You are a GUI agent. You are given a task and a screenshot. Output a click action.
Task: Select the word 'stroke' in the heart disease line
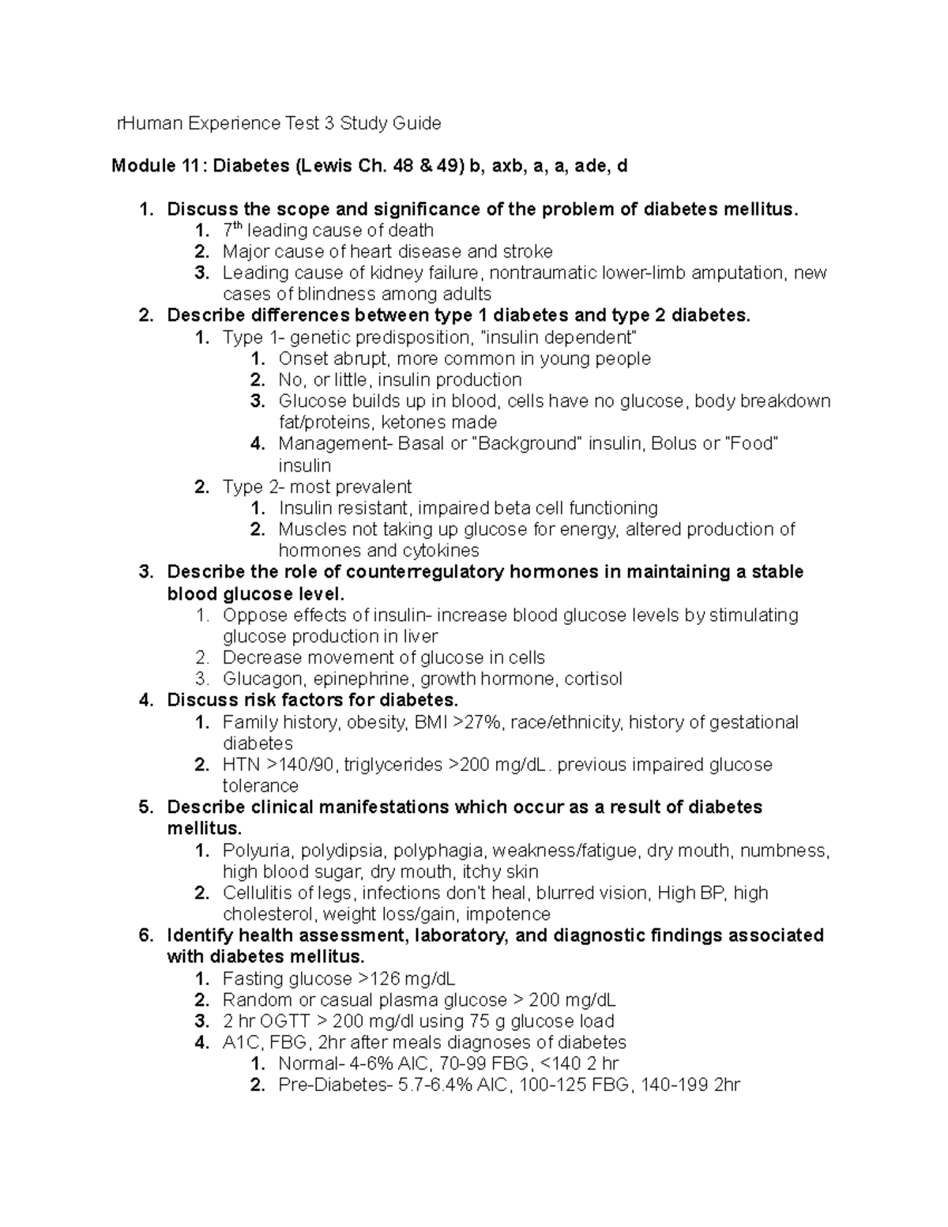pyautogui.click(x=527, y=251)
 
